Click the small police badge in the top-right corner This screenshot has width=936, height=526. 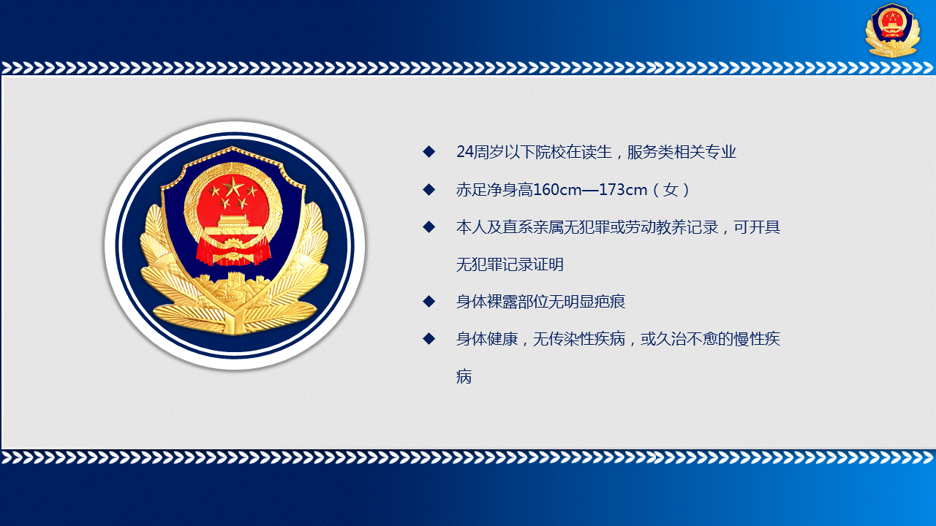pyautogui.click(x=893, y=30)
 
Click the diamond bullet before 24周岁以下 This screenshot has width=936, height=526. pyautogui.click(x=429, y=151)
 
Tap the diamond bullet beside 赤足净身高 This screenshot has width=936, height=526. pyautogui.click(x=429, y=189)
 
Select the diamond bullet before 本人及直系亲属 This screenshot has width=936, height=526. pyautogui.click(x=429, y=227)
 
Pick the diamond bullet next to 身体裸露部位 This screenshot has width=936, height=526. pyautogui.click(x=429, y=302)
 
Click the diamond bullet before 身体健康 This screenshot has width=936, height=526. pyautogui.click(x=429, y=338)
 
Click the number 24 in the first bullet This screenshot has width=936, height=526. pyautogui.click(x=464, y=152)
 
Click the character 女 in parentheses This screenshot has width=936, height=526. pyautogui.click(x=671, y=190)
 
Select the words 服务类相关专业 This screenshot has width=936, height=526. pyautogui.click(x=682, y=152)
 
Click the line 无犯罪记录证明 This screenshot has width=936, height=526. pyautogui.click(x=510, y=264)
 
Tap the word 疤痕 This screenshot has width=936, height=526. pyautogui.click(x=610, y=302)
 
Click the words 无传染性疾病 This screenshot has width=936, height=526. pyautogui.click(x=579, y=338)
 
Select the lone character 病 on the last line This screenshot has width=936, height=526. pyautogui.click(x=464, y=376)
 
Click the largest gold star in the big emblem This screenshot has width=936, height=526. pyautogui.click(x=233, y=186)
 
